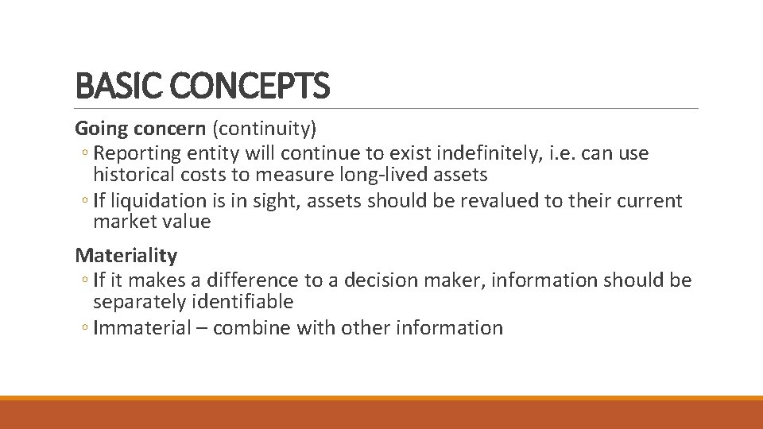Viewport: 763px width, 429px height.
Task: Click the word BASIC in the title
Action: point(109,86)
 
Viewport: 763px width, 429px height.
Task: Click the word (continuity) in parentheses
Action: point(265,128)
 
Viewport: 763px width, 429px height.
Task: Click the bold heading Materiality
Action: point(126,255)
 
